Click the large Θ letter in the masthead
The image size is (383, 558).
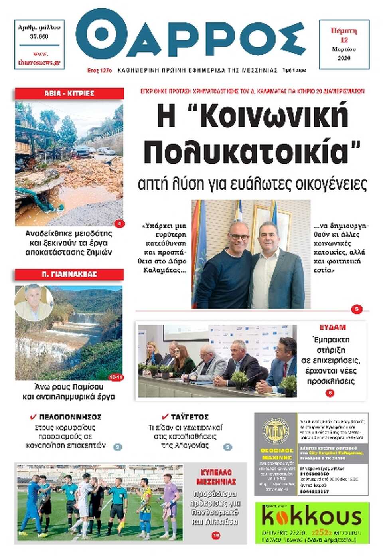[101, 34]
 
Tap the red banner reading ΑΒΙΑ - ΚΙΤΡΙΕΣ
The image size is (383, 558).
[69, 93]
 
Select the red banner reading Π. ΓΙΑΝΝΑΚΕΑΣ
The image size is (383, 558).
[69, 274]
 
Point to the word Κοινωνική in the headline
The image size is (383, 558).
[273, 116]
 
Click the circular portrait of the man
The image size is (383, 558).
[34, 302]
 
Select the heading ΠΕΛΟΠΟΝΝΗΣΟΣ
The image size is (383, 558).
[70, 417]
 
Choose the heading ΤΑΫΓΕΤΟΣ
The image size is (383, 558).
[190, 417]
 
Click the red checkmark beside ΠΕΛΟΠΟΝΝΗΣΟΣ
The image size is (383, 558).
[34, 417]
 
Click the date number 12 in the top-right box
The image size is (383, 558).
[344, 40]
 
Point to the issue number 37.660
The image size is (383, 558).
[39, 36]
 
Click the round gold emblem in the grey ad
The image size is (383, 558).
[276, 431]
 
